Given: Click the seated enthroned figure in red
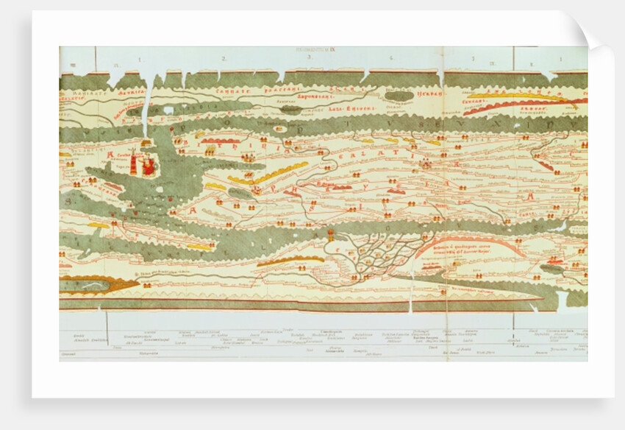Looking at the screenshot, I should point(149,166).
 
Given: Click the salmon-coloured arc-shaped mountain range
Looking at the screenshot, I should point(471,243).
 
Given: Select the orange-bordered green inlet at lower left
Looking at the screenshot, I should point(96,283).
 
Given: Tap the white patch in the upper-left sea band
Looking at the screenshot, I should point(168,110).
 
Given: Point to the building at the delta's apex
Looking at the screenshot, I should point(331,236).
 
